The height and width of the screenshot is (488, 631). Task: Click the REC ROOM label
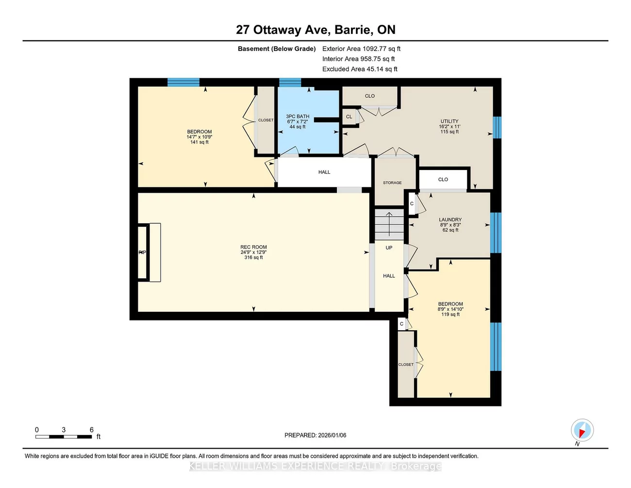pos(253,247)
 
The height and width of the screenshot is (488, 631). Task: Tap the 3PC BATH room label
pos(298,117)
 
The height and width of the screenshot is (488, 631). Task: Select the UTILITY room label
pos(449,121)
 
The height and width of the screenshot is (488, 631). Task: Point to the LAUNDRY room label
pos(450,219)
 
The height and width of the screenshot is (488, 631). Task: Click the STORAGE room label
pos(392,183)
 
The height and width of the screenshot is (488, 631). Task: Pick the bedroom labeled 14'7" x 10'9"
pos(199,136)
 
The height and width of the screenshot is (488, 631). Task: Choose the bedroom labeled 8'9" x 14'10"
pos(450,309)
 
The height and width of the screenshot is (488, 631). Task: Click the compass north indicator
pos(582,431)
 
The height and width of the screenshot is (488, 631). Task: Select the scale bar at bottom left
pos(64,437)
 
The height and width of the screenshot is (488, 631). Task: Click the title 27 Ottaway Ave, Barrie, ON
pos(315,30)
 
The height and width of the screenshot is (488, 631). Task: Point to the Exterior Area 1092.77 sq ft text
pos(361,49)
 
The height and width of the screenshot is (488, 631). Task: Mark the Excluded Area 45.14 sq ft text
pos(360,69)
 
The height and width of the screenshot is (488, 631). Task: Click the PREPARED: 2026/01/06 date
pos(315,435)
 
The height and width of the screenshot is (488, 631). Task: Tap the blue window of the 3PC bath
pos(290,82)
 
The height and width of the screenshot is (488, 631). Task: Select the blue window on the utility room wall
pos(497,127)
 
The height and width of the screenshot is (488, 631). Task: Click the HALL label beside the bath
pos(324,172)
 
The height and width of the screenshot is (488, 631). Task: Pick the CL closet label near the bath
pos(349,117)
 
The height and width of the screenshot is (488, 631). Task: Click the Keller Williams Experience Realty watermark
pos(315,466)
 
